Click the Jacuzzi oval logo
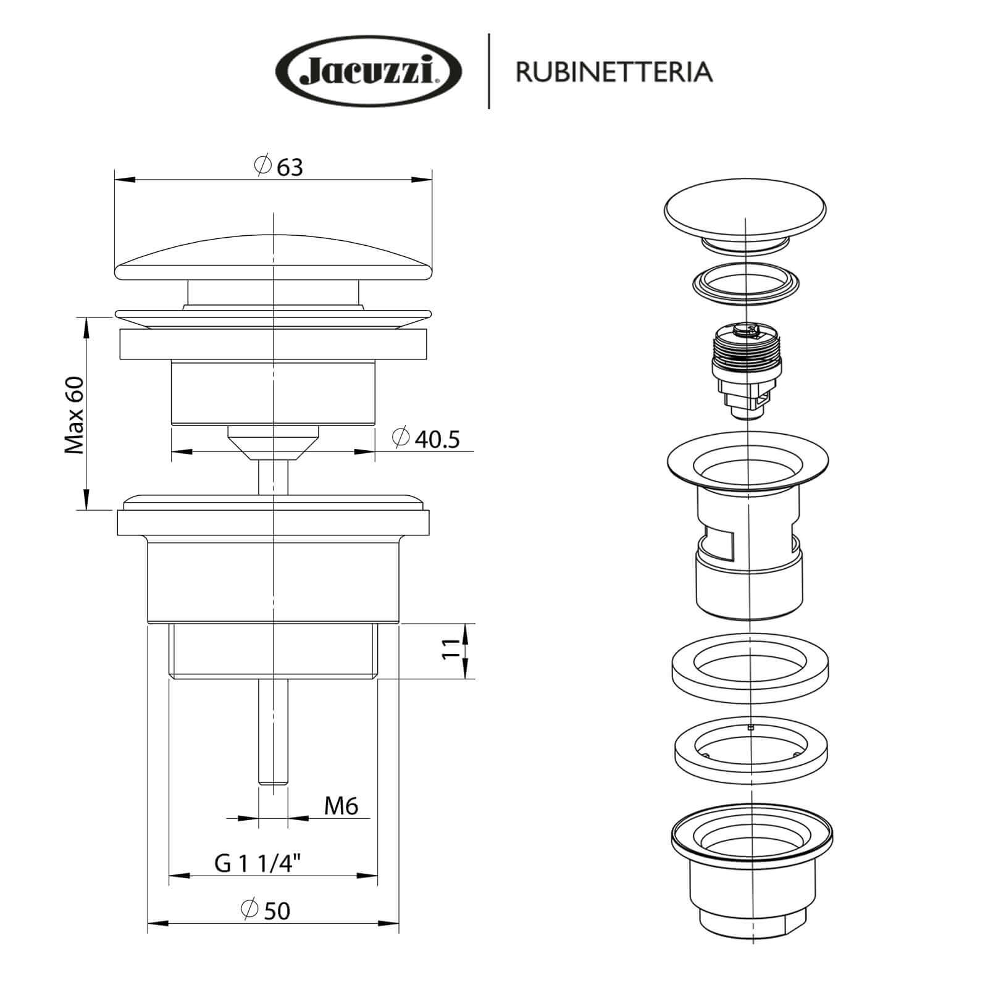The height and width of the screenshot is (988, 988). coord(369,72)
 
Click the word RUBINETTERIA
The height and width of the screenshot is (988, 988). coord(614,72)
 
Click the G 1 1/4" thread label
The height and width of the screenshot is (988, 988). coord(258,863)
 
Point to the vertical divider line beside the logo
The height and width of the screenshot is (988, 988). coord(489,72)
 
